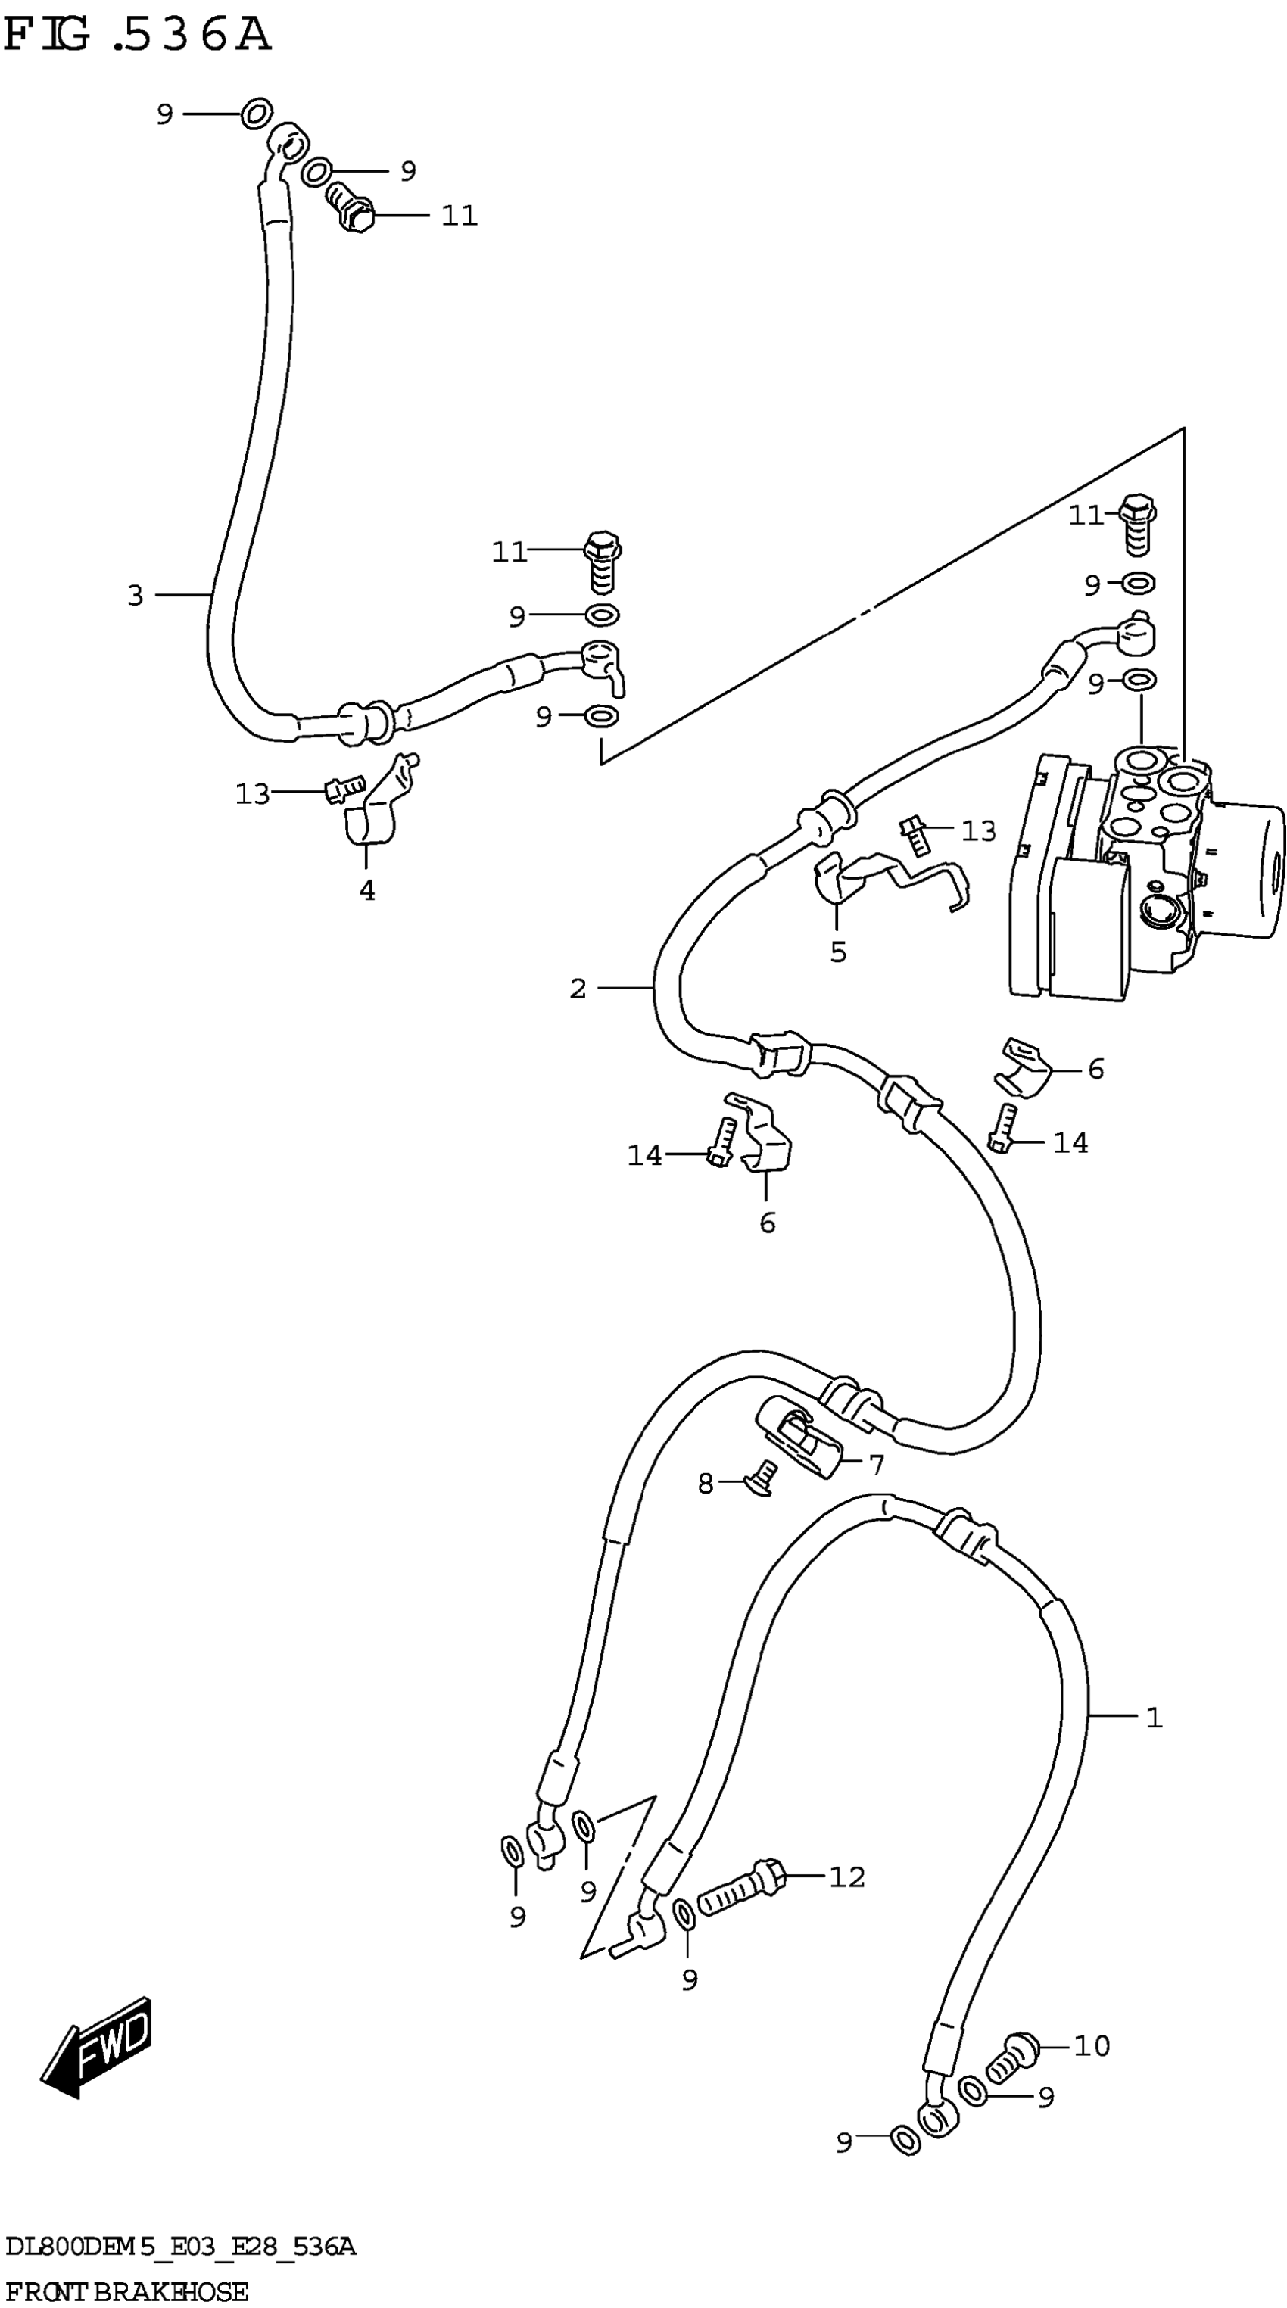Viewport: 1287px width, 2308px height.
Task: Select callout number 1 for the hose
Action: (x=1154, y=1718)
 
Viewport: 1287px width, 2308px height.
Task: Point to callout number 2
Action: (x=578, y=989)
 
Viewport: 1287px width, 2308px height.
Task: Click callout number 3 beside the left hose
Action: (x=136, y=595)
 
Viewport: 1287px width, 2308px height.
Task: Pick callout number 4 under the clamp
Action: (x=366, y=891)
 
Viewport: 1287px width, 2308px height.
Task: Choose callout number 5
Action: (x=838, y=952)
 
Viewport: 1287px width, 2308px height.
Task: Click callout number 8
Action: (x=706, y=1484)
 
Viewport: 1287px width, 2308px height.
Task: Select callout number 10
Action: (x=1092, y=2046)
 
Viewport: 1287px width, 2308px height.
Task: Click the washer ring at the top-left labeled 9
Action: (x=257, y=114)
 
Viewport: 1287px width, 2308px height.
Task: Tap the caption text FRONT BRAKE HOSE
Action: (x=126, y=2291)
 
